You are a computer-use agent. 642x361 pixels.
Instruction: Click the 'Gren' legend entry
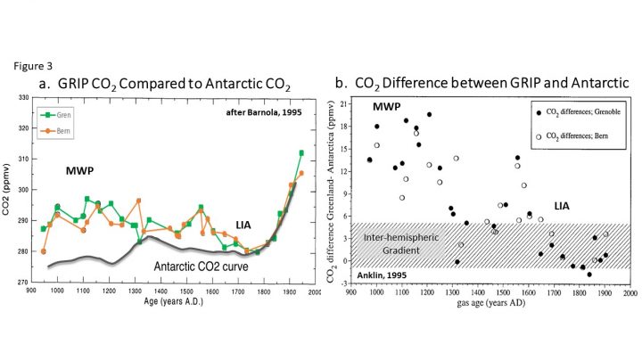tap(56, 116)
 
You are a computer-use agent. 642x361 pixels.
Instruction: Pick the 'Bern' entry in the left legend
tap(56, 131)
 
